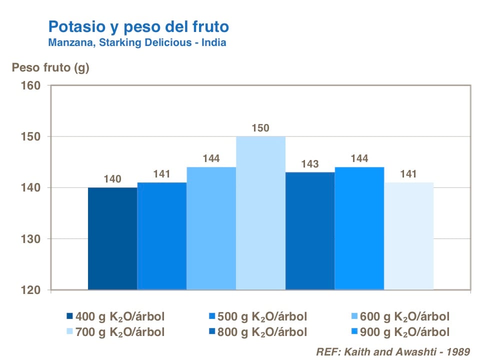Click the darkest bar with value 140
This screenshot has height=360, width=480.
click(112, 238)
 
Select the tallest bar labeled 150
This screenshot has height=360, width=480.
click(260, 213)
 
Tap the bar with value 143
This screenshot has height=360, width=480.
click(310, 230)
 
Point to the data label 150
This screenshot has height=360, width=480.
click(260, 128)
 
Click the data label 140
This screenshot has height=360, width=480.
click(112, 179)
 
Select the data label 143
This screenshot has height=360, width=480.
click(310, 164)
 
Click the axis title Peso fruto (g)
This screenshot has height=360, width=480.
click(50, 68)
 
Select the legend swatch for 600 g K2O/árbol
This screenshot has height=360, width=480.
click(354, 316)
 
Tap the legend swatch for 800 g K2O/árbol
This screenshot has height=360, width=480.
click(212, 332)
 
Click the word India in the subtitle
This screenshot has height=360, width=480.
click(213, 42)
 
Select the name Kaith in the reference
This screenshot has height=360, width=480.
click(353, 351)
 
